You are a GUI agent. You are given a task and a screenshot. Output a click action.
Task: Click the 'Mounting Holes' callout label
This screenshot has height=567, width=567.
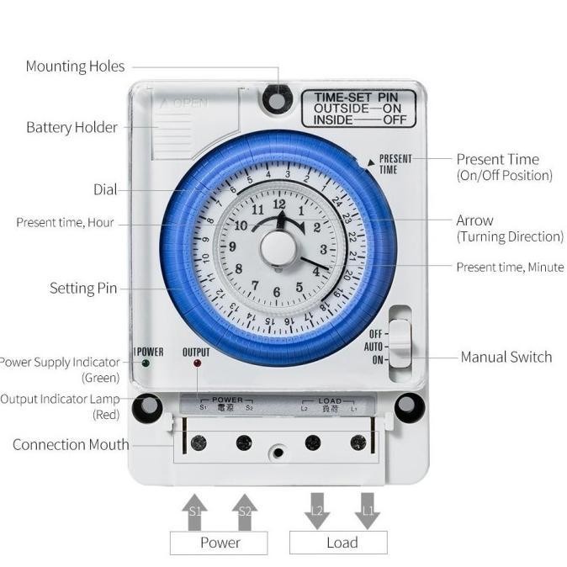[75, 66]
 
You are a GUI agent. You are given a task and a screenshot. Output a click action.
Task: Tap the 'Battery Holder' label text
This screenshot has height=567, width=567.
[72, 128]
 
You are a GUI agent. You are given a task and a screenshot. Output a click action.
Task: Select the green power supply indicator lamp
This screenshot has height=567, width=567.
[146, 363]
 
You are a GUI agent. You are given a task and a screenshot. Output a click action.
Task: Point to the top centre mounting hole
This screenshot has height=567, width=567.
[274, 100]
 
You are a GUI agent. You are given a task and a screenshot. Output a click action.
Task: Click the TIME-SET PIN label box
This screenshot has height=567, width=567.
[358, 109]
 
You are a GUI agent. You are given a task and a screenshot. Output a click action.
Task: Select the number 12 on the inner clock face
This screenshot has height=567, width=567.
[279, 204]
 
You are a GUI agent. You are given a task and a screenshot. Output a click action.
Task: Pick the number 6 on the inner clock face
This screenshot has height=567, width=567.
[277, 293]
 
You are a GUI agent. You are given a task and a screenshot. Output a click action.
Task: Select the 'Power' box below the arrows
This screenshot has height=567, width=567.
[219, 543]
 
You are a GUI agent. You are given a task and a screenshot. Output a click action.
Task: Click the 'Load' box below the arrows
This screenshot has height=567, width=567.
[342, 543]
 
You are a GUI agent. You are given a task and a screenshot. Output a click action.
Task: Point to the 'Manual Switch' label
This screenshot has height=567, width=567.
[506, 358]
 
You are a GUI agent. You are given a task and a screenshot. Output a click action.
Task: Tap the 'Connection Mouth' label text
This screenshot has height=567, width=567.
[71, 445]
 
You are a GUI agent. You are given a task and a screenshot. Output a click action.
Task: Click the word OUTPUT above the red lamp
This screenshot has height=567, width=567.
[196, 352]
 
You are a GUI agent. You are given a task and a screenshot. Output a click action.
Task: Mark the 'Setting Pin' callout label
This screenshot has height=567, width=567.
[83, 289]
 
